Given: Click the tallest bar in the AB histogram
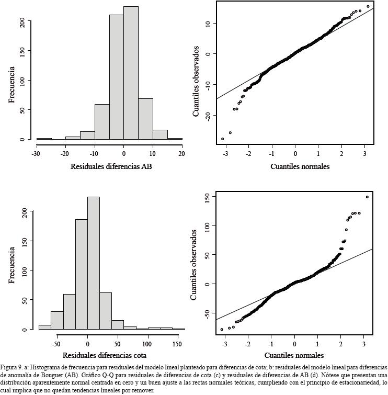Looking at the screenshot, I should click(x=131, y=73).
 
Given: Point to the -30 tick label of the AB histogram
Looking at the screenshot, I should click(x=36, y=154).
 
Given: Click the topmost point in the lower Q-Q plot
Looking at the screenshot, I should click(x=367, y=197).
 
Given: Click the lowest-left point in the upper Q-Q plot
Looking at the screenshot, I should click(x=223, y=139).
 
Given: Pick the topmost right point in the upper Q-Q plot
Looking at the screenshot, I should click(x=368, y=7).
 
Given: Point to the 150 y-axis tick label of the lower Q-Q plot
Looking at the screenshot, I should click(x=207, y=197).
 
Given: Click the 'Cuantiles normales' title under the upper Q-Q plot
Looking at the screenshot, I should click(x=300, y=167).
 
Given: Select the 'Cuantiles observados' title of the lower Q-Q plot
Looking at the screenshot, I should click(x=194, y=265).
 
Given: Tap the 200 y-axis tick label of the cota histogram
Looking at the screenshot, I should click(x=25, y=212).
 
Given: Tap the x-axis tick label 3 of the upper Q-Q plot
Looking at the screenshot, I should click(x=365, y=154).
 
